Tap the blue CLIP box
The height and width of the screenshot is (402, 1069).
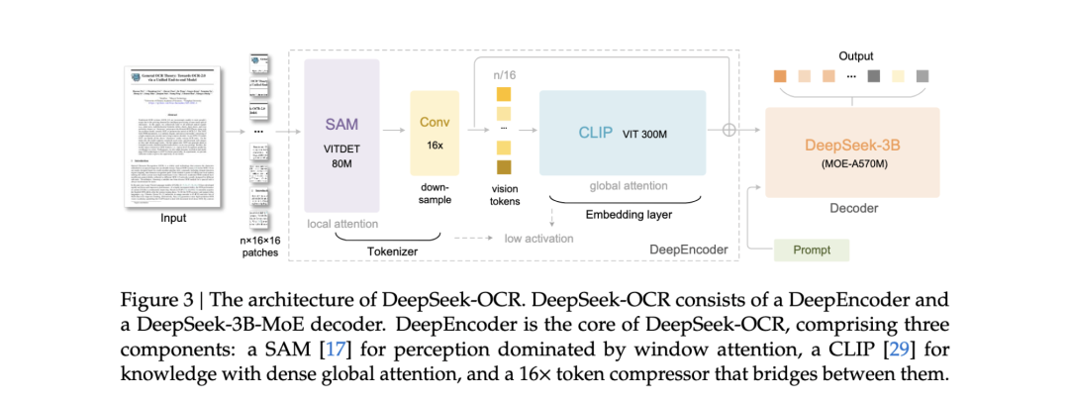622,133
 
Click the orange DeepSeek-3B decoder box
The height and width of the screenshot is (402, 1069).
852,153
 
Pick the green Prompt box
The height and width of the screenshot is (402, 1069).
813,250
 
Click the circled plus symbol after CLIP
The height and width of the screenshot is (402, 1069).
730,129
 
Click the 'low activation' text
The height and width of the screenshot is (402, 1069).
537,239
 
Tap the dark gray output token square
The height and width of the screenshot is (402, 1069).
873,75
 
